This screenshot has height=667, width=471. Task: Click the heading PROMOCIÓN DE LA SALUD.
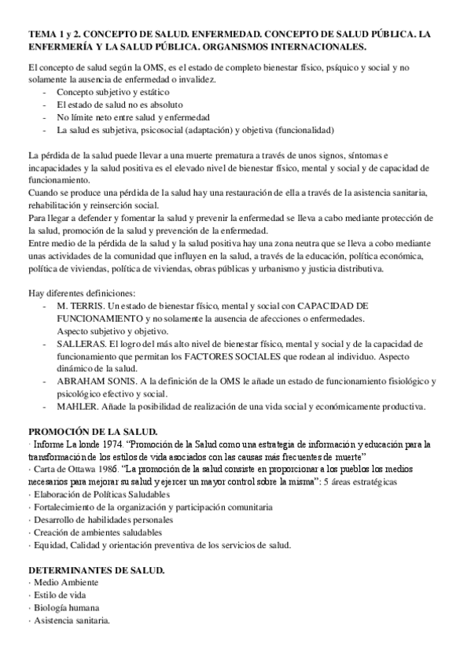[93, 432]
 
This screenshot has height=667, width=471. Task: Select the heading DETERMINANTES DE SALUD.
[97, 569]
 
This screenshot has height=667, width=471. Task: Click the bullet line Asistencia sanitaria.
[70, 621]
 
